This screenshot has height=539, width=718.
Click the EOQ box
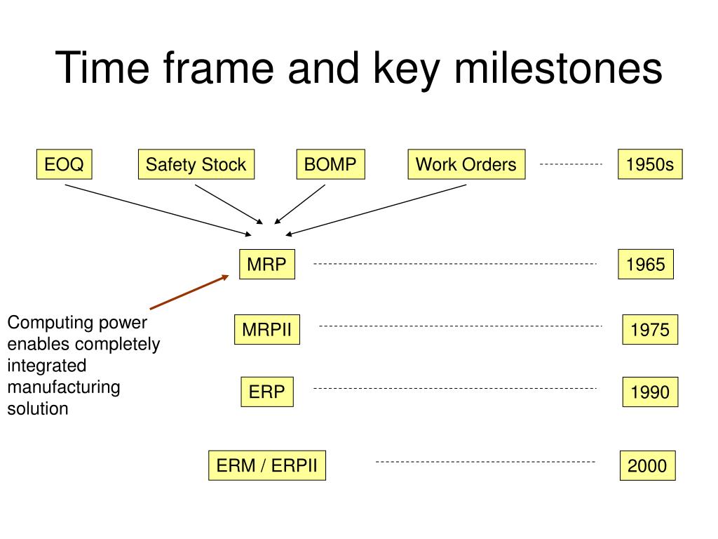click(x=64, y=164)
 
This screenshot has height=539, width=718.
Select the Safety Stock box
click(x=196, y=164)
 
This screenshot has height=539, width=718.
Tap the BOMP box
click(x=331, y=164)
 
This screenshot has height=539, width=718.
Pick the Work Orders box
click(x=466, y=164)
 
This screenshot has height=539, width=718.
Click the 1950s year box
click(x=650, y=164)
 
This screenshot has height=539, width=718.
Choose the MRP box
click(x=267, y=264)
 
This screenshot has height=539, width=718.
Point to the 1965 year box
click(x=646, y=264)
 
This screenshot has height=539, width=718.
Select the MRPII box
click(x=267, y=330)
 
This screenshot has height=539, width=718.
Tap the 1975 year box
click(x=650, y=330)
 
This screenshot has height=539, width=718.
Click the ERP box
click(x=267, y=392)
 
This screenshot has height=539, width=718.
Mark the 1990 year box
click(x=650, y=392)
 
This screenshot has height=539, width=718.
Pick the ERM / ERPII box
click(x=267, y=466)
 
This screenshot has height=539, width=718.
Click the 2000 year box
click(x=647, y=466)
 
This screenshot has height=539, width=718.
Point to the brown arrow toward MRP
click(x=189, y=293)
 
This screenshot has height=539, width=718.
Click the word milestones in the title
click(x=558, y=68)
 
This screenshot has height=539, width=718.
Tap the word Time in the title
click(x=102, y=68)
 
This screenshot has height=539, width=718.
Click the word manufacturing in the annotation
click(x=64, y=387)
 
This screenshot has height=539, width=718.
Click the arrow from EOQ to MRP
click(x=158, y=211)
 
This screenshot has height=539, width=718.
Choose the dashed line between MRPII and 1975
click(x=460, y=326)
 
